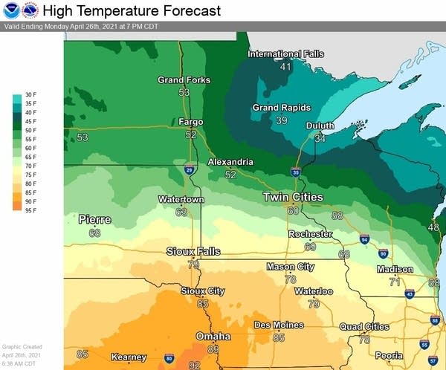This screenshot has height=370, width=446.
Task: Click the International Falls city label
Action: click(x=285, y=54)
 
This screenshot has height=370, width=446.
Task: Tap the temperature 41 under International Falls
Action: click(x=285, y=67)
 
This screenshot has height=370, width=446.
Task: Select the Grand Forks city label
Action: click(x=184, y=80)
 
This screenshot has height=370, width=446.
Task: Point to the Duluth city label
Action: click(x=320, y=126)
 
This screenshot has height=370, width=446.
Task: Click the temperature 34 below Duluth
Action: click(x=320, y=138)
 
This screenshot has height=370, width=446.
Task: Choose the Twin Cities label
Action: click(x=293, y=198)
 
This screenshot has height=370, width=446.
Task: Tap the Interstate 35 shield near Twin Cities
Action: click(x=296, y=172)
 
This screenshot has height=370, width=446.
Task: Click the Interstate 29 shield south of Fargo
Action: click(x=190, y=170)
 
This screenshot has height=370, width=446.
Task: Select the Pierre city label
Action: click(x=94, y=220)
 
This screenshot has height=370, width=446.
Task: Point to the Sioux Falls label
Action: click(x=193, y=252)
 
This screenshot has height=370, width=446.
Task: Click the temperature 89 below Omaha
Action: click(x=213, y=349)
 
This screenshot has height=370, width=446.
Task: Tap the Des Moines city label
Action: click(x=279, y=325)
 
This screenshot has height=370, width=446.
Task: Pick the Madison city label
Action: click(x=395, y=269)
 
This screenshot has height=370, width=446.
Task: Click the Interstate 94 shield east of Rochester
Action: click(x=364, y=239)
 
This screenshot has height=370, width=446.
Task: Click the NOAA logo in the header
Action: click(x=11, y=11)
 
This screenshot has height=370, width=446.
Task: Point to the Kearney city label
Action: click(x=129, y=357)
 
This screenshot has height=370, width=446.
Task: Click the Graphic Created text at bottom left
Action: click(x=22, y=347)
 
